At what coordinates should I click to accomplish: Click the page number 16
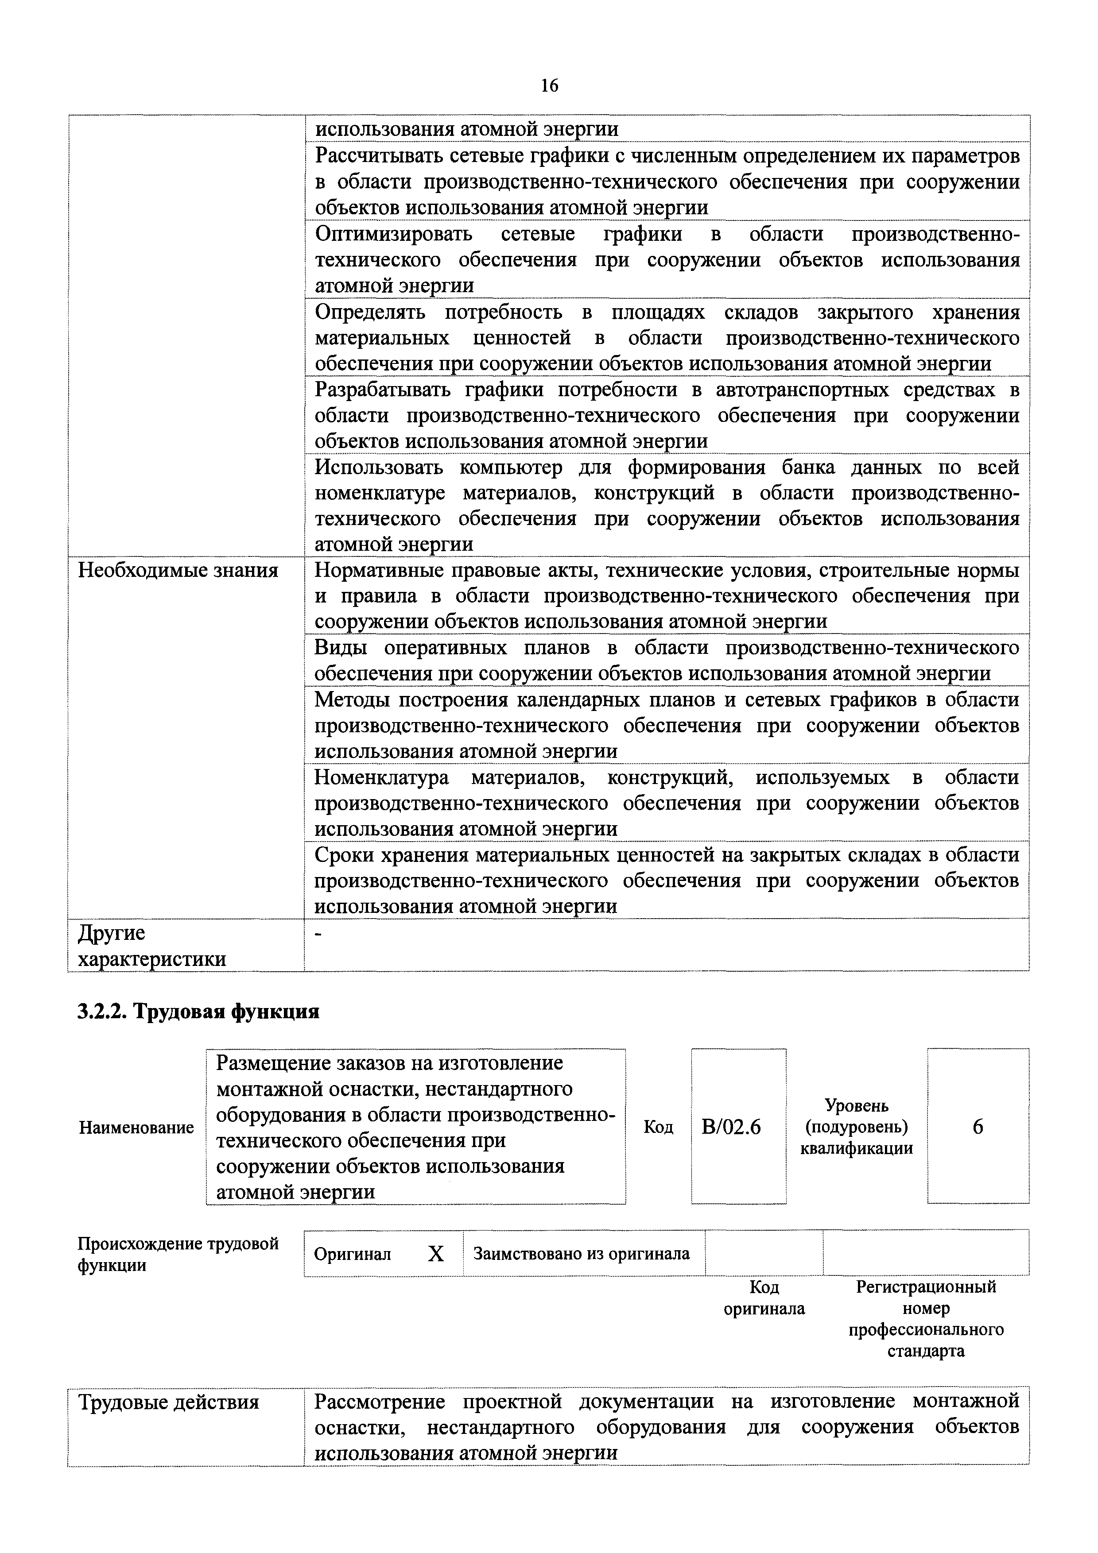pos(549,86)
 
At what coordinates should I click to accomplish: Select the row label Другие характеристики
pos(152,946)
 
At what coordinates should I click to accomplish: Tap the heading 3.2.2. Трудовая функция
pos(198,1012)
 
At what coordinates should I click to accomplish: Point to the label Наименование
pos(136,1128)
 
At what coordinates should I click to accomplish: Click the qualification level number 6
pos(978,1127)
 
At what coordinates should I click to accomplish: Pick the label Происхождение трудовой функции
pos(178,1255)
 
